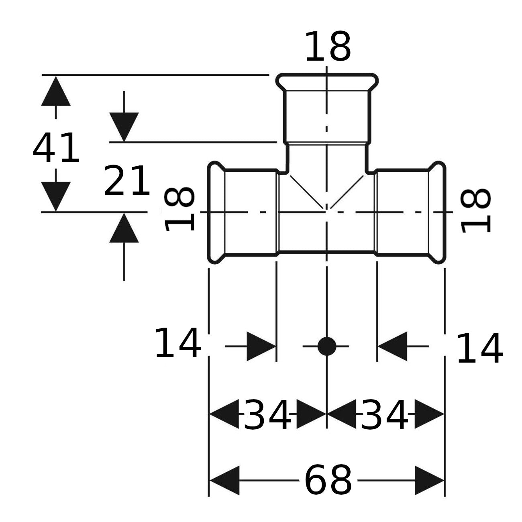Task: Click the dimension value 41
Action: [56, 148]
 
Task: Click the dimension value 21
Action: [127, 181]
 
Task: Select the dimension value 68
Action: [328, 480]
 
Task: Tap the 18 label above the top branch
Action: [328, 47]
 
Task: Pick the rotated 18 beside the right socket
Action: [476, 211]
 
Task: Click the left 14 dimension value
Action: [178, 343]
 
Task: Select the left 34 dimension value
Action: [267, 415]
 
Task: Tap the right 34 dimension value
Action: [384, 415]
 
